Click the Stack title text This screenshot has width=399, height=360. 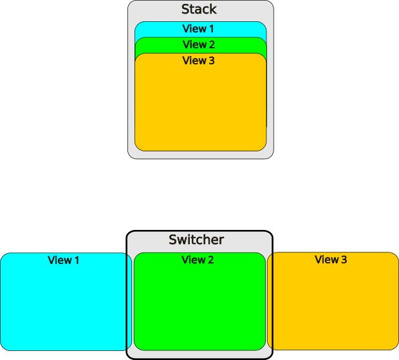pyautogui.click(x=199, y=9)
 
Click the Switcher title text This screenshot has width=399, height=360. pyautogui.click(x=196, y=240)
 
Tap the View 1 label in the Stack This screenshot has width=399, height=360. pyautogui.click(x=198, y=28)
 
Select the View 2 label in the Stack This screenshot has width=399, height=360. pyautogui.click(x=199, y=44)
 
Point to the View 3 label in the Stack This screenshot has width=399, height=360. pyautogui.click(x=198, y=61)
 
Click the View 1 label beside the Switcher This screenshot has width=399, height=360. pyautogui.click(x=63, y=260)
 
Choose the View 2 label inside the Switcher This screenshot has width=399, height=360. pyautogui.click(x=198, y=260)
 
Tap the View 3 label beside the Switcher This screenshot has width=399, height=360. pyautogui.click(x=331, y=260)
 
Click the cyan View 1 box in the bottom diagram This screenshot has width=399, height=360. pyautogui.click(x=66, y=301)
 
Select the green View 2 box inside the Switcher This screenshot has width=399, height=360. pyautogui.click(x=199, y=301)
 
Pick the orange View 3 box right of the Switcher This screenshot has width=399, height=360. pyautogui.click(x=333, y=301)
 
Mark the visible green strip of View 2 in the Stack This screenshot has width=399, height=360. pyautogui.click(x=201, y=46)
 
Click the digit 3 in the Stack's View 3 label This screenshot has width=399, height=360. pyautogui.click(x=212, y=61)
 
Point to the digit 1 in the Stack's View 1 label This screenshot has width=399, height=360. pyautogui.click(x=212, y=29)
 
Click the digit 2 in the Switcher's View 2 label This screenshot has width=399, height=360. pyautogui.click(x=211, y=260)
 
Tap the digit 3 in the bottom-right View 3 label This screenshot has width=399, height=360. pyautogui.click(x=344, y=260)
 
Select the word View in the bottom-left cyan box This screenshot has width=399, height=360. pyautogui.click(x=60, y=260)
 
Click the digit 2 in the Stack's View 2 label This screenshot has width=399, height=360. pyautogui.click(x=212, y=44)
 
